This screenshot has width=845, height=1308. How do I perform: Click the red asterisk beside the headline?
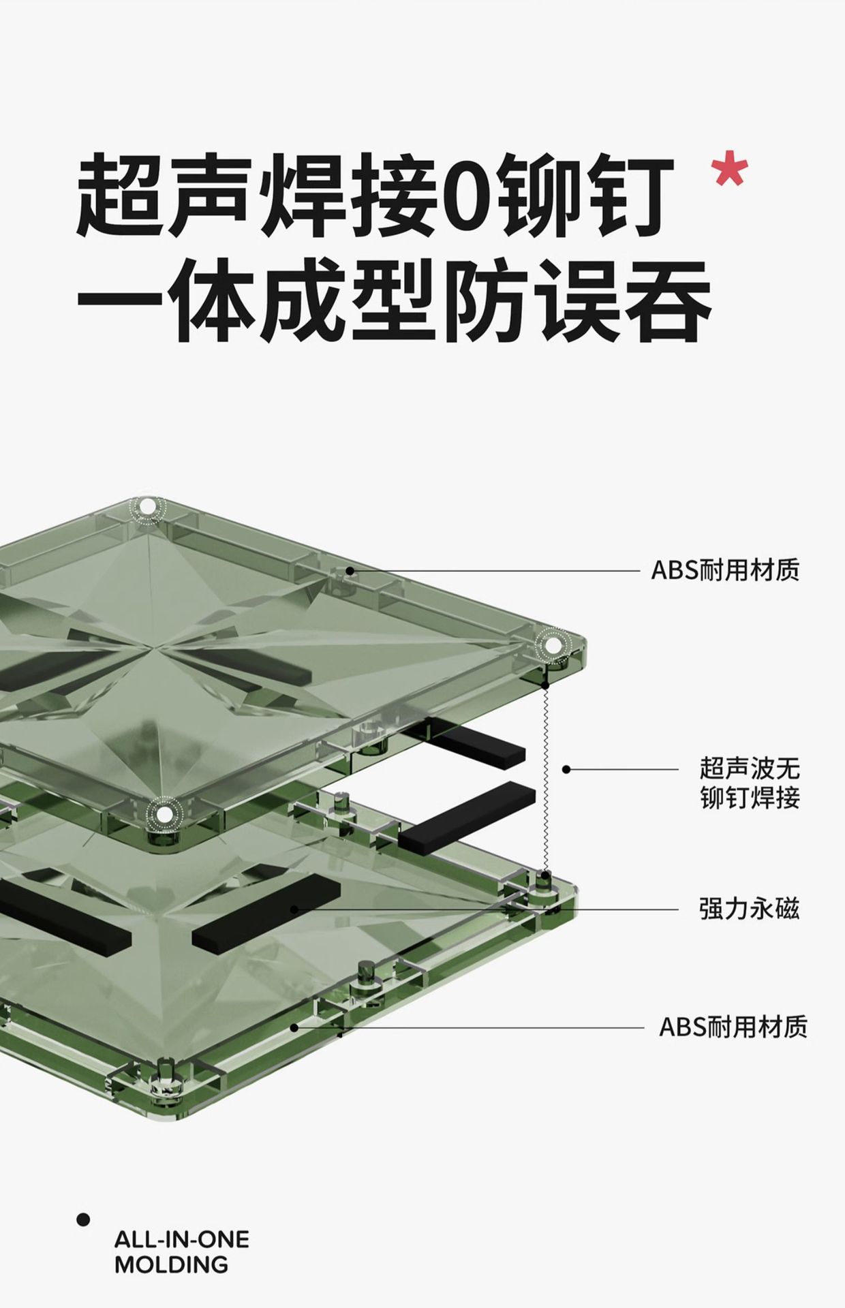pyautogui.click(x=729, y=170)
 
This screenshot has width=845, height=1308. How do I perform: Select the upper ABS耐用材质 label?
pyautogui.click(x=725, y=570)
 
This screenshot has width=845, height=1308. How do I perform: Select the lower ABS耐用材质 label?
pyautogui.click(x=733, y=1027)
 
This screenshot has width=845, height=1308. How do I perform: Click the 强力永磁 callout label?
pyautogui.click(x=749, y=909)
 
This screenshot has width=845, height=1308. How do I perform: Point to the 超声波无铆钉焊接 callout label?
pyautogui.click(x=749, y=783)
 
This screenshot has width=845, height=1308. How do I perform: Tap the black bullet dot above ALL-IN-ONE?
pyautogui.click(x=83, y=1219)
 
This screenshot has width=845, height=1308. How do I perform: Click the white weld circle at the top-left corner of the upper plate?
pyautogui.click(x=147, y=508)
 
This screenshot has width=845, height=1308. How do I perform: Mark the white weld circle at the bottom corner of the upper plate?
pyautogui.click(x=163, y=812)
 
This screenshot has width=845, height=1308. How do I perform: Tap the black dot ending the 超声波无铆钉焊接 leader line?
pyautogui.click(x=566, y=769)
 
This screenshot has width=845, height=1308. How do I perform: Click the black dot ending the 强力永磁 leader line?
pyautogui.click(x=294, y=909)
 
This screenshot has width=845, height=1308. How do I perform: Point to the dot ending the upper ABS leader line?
pyautogui.click(x=350, y=571)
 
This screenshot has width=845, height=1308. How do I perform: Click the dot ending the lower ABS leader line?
pyautogui.click(x=294, y=1027)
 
